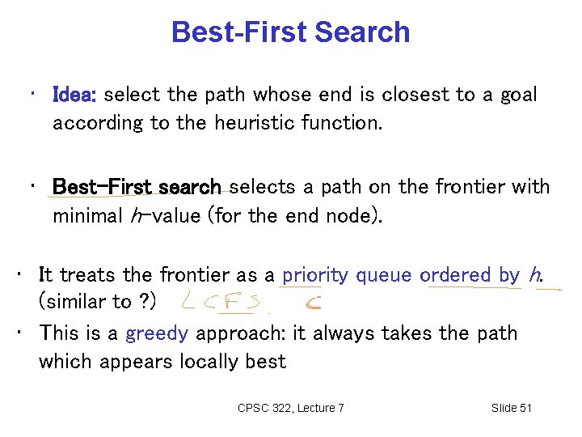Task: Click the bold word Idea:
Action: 74,95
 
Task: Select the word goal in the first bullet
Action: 518,95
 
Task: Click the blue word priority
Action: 316,275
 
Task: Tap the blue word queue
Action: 384,275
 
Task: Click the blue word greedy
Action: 157,333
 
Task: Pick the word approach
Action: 234,333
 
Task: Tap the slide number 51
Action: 524,408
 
